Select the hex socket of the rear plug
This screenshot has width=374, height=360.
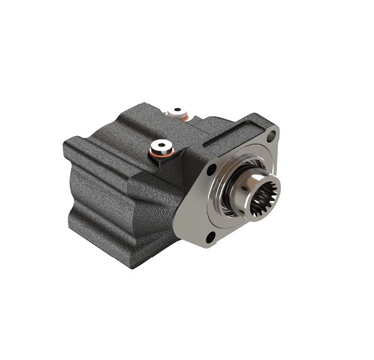pos(177,111)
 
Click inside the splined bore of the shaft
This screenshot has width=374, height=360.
pos(266,197)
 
